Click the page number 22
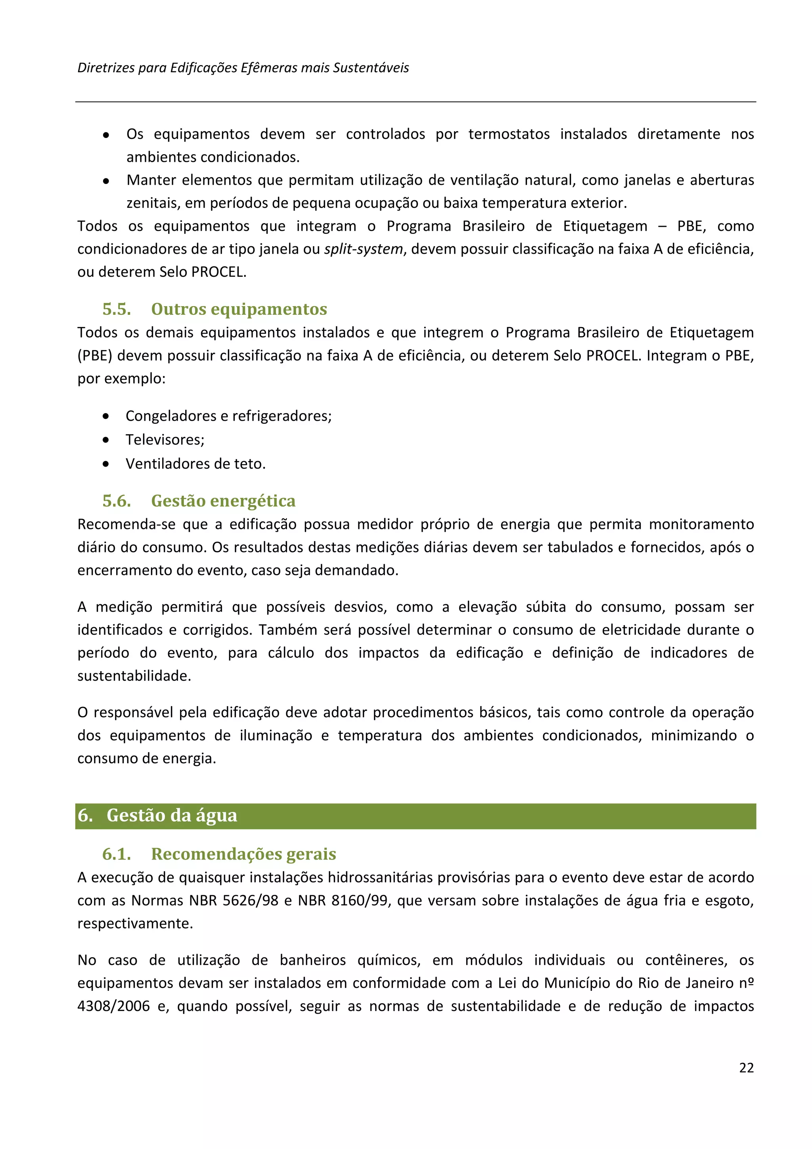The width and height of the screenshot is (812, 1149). (x=746, y=1067)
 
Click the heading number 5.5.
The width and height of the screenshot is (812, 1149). (x=117, y=309)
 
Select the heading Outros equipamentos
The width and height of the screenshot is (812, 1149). (x=239, y=309)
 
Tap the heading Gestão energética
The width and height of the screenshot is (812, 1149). (x=223, y=500)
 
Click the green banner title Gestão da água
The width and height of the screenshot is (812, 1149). (x=172, y=815)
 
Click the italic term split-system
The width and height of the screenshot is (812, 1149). (x=363, y=249)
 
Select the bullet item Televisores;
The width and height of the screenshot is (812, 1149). (x=165, y=439)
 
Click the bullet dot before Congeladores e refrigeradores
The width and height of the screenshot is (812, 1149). (x=105, y=416)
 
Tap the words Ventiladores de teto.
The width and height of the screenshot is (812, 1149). (x=195, y=463)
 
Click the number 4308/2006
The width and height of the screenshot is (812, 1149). (x=113, y=1006)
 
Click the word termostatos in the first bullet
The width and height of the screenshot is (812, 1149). (x=509, y=134)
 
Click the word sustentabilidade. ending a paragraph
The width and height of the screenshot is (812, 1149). (x=134, y=676)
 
